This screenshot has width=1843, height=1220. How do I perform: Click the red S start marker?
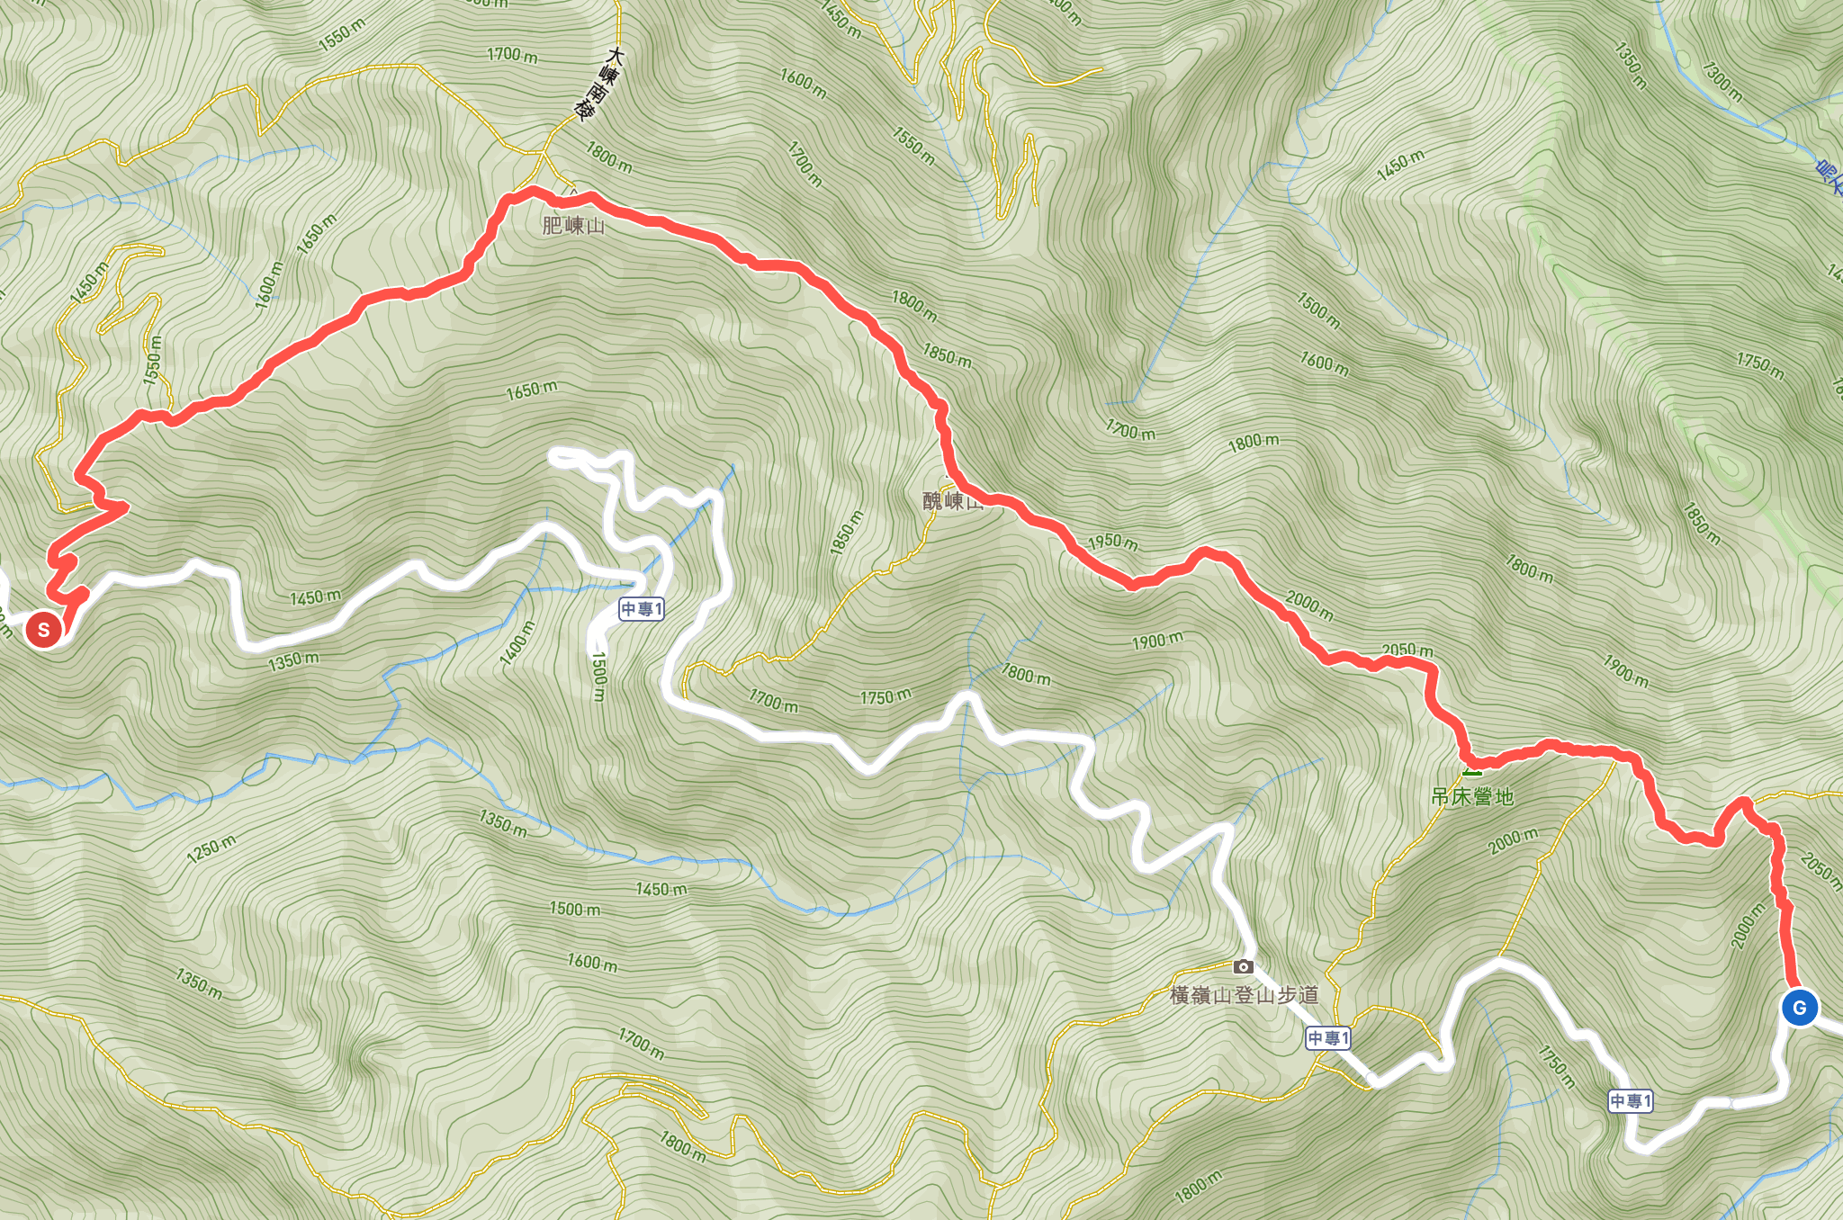coord(43,629)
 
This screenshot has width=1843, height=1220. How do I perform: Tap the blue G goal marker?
coord(1799,1008)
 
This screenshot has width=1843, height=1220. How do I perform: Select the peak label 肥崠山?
coord(573,225)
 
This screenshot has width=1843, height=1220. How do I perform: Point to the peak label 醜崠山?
coord(952,500)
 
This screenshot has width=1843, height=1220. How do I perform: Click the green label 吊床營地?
coord(1472,796)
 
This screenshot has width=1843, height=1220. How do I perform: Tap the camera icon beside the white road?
coord(1243,966)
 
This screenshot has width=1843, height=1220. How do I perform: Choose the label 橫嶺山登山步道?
coord(1245,995)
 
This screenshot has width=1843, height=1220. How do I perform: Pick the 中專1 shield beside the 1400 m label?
coord(642,609)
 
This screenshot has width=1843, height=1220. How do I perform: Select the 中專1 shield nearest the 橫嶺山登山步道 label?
coord(1328,1038)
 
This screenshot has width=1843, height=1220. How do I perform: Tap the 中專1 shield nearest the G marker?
coord(1631,1100)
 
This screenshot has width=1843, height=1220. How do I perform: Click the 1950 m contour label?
coord(1113,542)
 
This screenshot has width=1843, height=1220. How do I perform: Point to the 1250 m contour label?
coord(212,848)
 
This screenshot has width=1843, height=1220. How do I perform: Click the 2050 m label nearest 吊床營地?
coord(1407,650)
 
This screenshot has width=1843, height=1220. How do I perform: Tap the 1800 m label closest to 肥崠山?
coord(609,157)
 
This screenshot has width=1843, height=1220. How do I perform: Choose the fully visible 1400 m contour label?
coord(517,642)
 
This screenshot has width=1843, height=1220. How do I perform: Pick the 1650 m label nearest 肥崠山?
coord(531,390)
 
